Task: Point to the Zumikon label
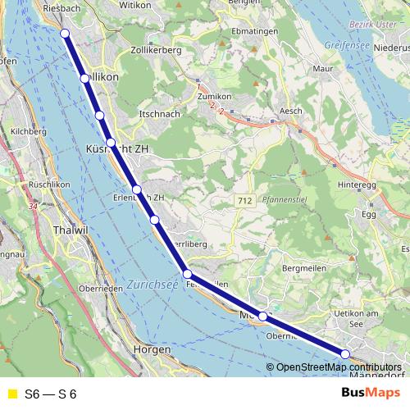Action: (x=216, y=96)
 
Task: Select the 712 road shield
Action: (x=243, y=201)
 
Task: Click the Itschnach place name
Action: (x=159, y=113)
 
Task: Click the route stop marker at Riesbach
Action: (x=66, y=34)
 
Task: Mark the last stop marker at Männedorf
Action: (x=345, y=354)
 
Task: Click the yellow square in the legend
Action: (x=11, y=394)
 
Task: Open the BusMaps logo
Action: (x=371, y=394)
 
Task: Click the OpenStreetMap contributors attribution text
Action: (x=338, y=367)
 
